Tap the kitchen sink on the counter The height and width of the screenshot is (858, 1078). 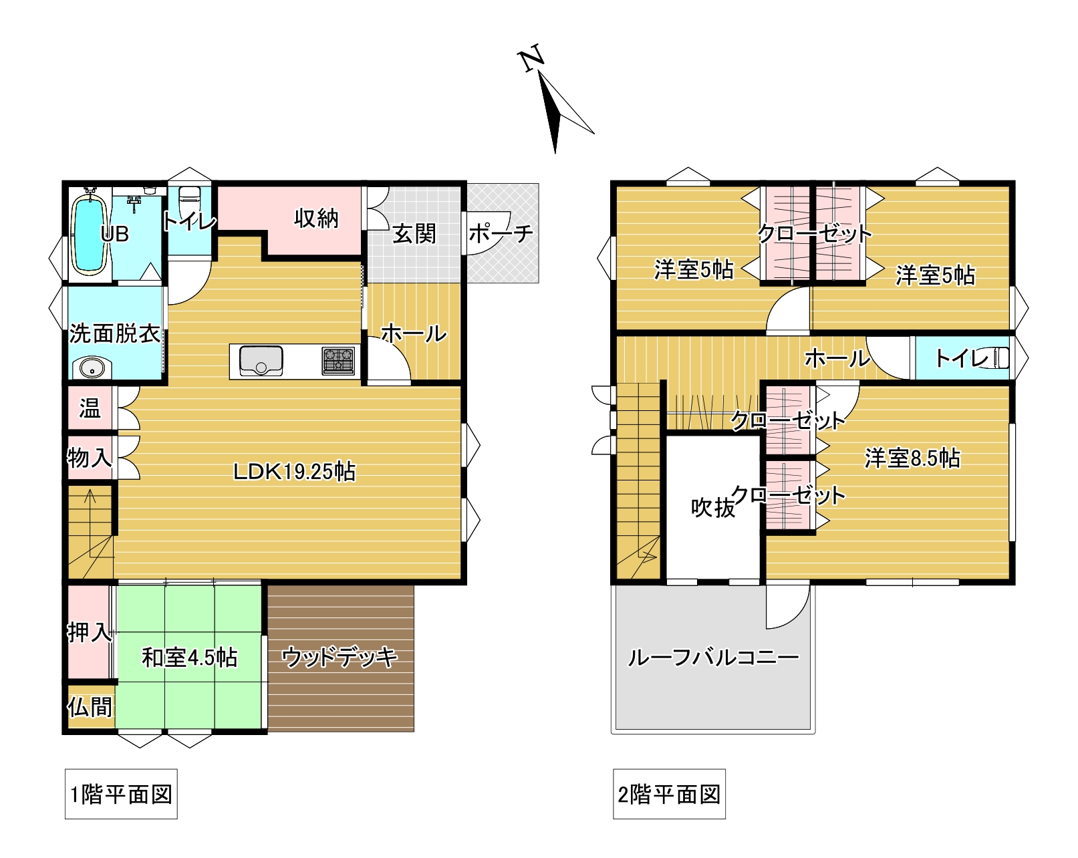[x=261, y=360]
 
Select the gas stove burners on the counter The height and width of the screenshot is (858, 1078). [x=339, y=361]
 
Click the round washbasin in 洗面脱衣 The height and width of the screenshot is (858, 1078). [x=92, y=369]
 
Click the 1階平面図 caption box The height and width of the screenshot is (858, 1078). [x=121, y=794]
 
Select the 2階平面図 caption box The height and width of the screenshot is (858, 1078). [x=669, y=794]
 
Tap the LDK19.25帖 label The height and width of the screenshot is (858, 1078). [x=295, y=472]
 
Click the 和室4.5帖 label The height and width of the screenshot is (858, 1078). [x=189, y=658]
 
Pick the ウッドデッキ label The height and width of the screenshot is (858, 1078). [x=340, y=657]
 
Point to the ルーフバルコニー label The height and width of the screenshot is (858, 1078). [x=713, y=658]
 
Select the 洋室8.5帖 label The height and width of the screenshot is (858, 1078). [x=912, y=458]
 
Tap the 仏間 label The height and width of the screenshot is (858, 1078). [x=90, y=707]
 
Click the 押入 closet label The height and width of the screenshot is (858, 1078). [x=90, y=632]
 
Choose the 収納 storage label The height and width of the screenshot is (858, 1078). [x=317, y=219]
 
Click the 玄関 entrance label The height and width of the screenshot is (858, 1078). [x=414, y=233]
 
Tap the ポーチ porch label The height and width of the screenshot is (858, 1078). [x=501, y=233]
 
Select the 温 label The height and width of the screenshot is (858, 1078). [x=90, y=408]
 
